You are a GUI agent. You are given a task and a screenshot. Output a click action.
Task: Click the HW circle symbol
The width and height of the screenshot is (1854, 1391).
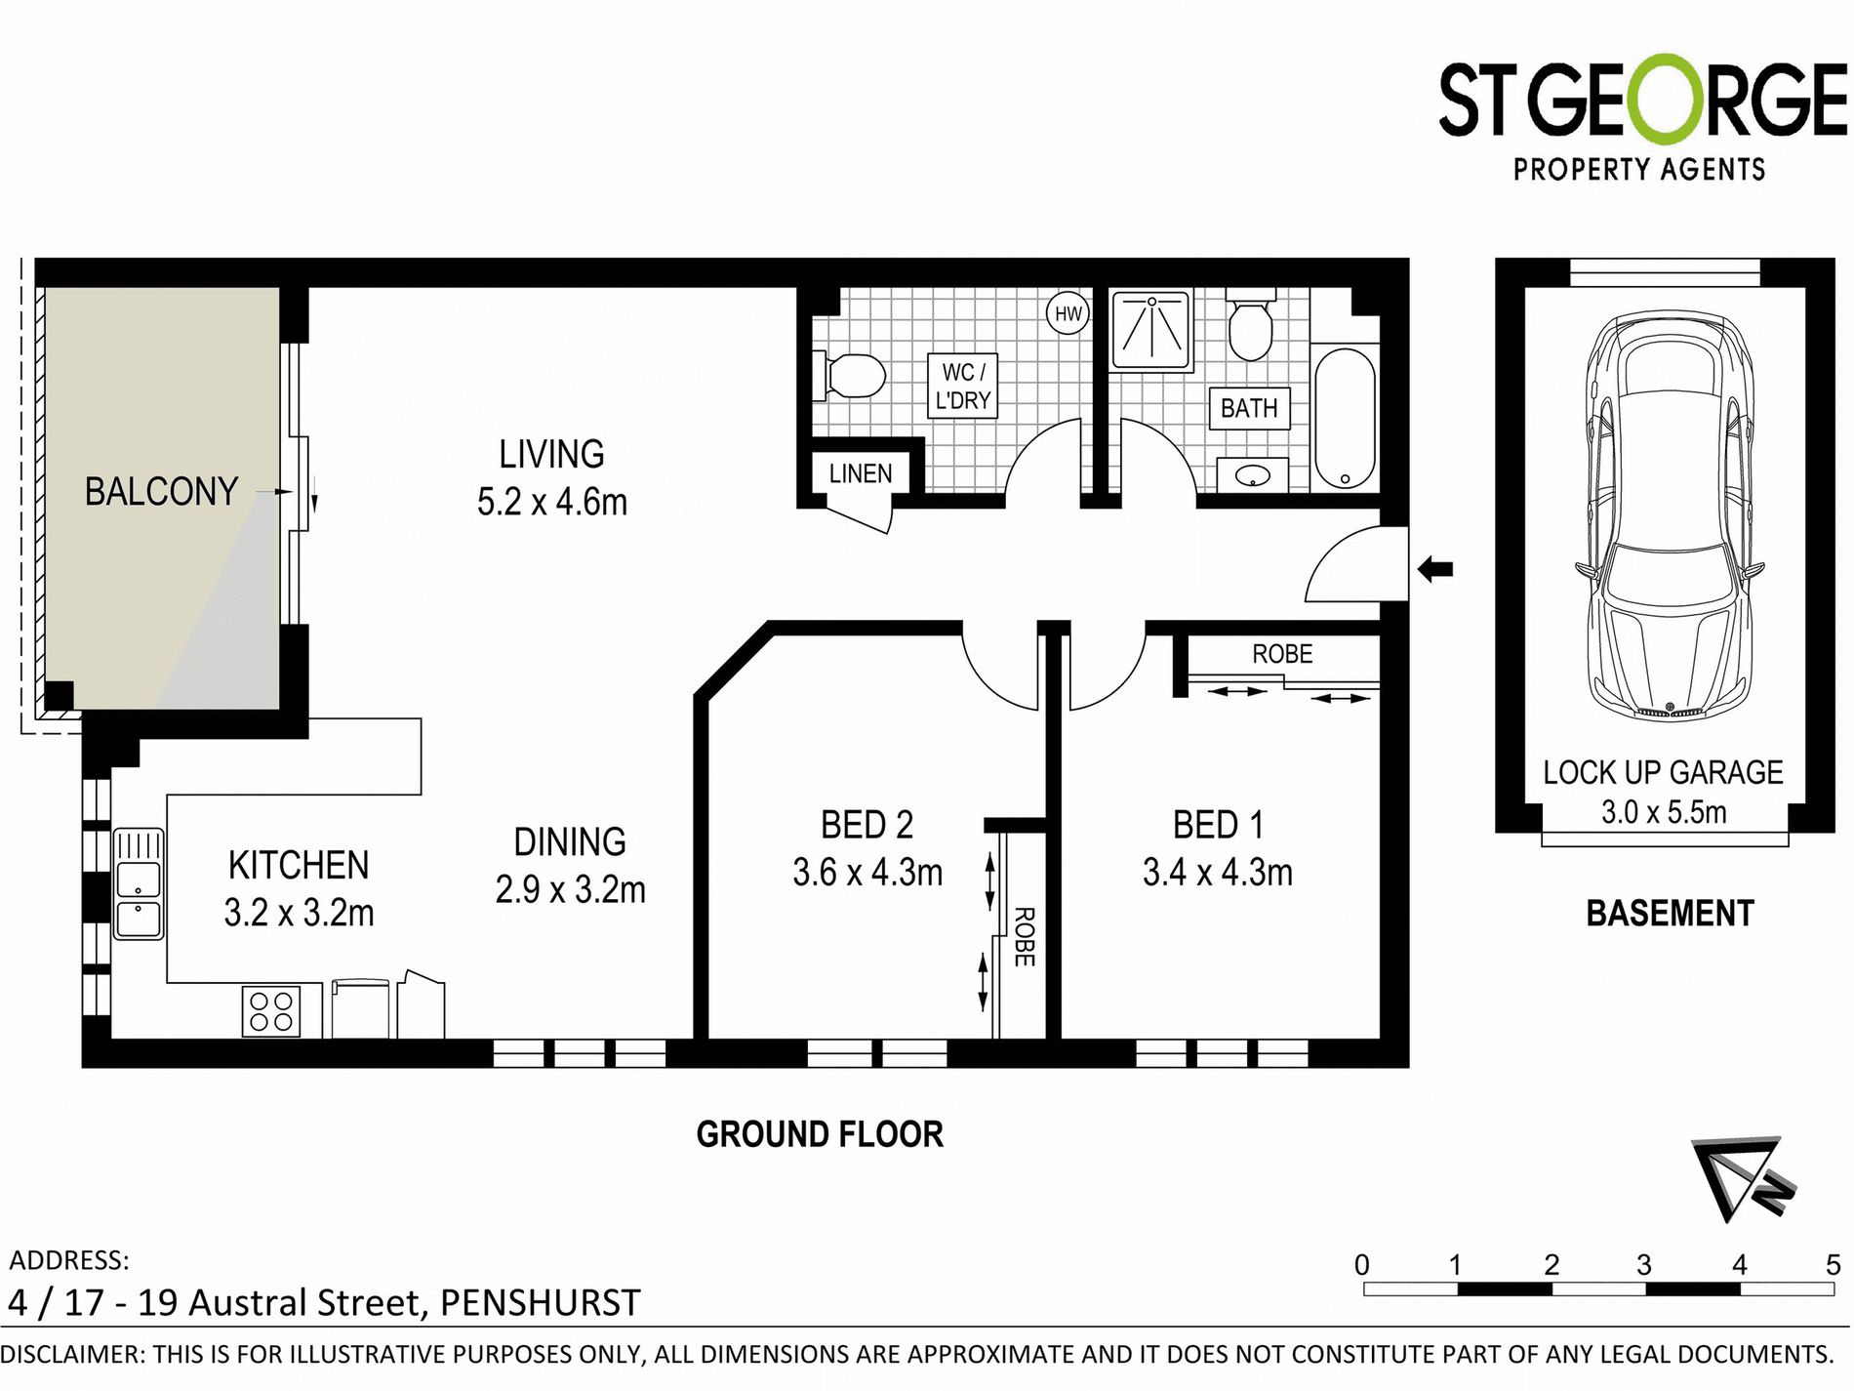click(1068, 313)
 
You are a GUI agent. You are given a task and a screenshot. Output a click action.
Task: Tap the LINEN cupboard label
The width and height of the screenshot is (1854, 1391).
click(861, 474)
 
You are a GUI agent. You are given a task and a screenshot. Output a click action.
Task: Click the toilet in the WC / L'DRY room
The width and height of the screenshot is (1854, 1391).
click(850, 377)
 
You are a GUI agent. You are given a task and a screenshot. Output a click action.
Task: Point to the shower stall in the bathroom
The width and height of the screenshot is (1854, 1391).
click(1151, 329)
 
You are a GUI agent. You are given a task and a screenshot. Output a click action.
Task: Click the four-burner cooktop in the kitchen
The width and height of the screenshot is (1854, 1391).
click(271, 1010)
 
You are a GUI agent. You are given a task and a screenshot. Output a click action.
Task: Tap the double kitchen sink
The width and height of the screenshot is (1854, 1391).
click(139, 883)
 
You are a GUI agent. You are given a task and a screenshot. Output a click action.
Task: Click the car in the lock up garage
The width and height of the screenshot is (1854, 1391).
click(1668, 517)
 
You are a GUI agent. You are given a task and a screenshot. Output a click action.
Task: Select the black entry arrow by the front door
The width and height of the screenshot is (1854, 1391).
click(1434, 568)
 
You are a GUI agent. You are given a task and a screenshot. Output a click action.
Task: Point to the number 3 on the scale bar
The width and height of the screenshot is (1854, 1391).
click(1644, 1265)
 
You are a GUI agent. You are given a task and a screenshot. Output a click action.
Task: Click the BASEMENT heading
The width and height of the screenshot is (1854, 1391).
click(1670, 914)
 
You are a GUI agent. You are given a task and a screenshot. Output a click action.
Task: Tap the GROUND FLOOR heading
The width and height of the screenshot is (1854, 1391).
click(820, 1134)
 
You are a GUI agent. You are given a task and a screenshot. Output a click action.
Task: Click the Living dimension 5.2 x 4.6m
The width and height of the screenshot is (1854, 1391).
click(552, 502)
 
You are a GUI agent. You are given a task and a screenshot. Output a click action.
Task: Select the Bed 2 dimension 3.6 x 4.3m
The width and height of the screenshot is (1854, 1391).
click(867, 873)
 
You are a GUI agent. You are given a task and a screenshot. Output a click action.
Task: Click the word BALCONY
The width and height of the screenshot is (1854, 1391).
click(161, 491)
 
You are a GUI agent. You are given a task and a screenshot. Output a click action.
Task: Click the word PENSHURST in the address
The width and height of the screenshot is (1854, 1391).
click(541, 1303)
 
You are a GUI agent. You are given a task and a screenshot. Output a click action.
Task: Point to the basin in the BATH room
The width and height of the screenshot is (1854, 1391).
click(1253, 476)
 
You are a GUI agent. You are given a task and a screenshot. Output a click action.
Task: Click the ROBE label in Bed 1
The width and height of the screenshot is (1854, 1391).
click(1282, 654)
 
